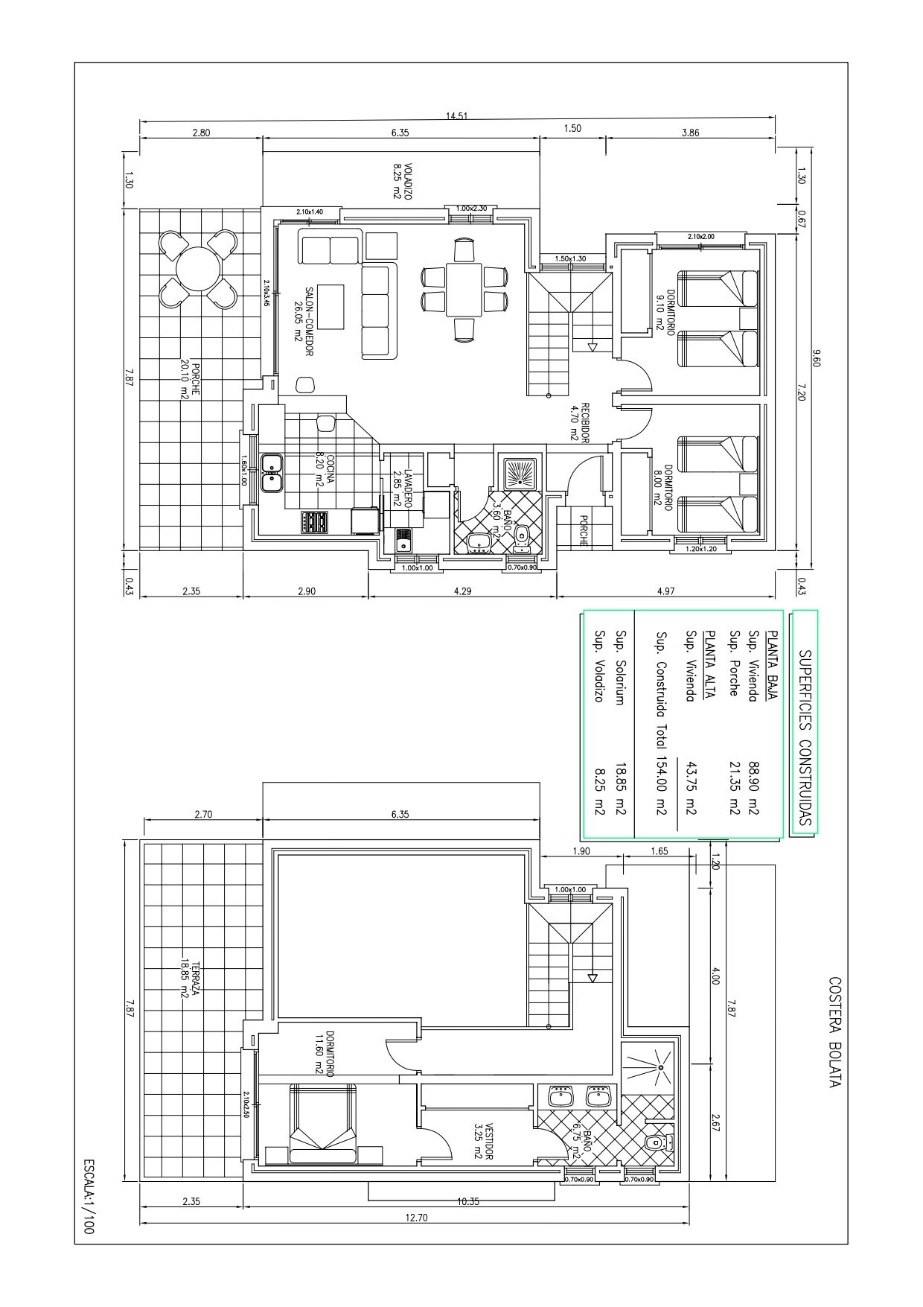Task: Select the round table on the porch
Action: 198,269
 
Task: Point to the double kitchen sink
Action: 272,472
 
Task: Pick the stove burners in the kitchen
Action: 314,522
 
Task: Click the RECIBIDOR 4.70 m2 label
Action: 579,422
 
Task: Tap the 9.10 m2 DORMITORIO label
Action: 665,311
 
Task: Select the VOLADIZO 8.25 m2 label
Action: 403,181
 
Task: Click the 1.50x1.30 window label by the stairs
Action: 570,258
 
